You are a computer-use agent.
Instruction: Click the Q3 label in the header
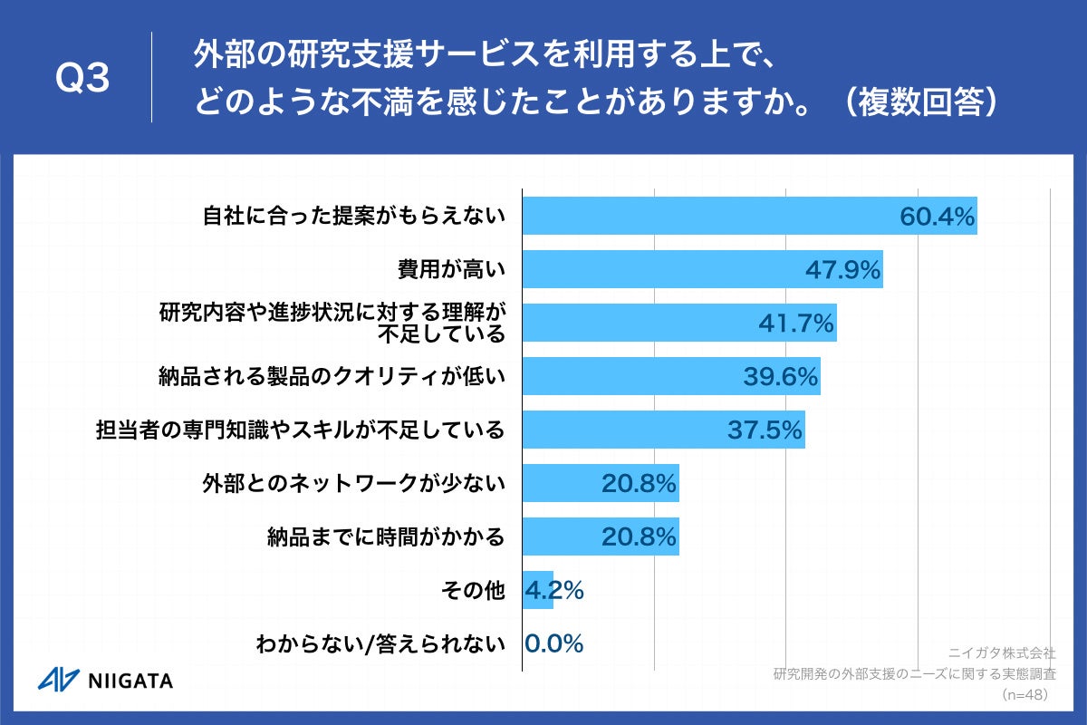pos(82,79)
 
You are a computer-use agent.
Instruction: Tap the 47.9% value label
pos(843,269)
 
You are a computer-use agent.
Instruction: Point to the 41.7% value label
pos(796,323)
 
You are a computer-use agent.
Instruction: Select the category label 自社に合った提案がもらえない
pos(352,216)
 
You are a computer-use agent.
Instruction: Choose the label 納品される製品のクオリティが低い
pos(332,376)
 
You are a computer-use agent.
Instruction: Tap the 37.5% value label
pos(765,430)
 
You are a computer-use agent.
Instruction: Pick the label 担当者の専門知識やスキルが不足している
pos(300,430)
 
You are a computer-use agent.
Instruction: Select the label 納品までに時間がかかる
pos(386,536)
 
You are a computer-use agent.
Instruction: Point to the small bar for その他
pos(538,590)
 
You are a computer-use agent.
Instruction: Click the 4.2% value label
pos(554,590)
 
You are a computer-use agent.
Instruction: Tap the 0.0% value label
pos(554,643)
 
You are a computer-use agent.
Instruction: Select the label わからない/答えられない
pos(380,644)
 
